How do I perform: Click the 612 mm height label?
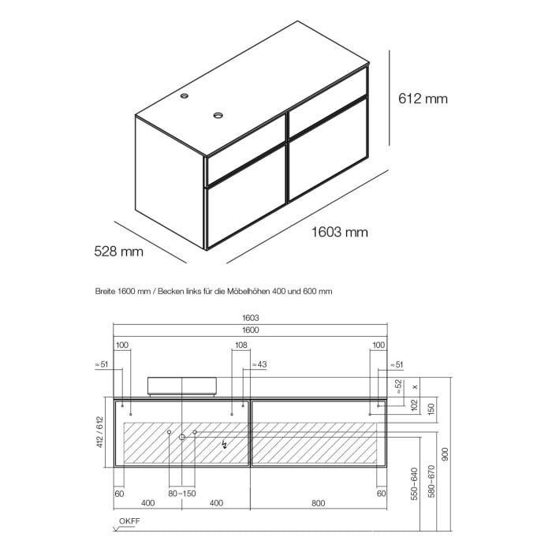point(423,99)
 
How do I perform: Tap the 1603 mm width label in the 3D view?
point(340,232)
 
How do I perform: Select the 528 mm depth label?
point(118,252)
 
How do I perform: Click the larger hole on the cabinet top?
point(218,115)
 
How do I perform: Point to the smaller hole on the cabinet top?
point(185,97)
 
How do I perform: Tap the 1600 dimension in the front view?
point(251,330)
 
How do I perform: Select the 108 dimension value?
point(241,345)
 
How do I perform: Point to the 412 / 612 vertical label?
point(100,432)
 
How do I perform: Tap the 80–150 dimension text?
point(182,493)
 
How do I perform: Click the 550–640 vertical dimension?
point(413,486)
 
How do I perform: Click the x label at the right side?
point(415,386)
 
